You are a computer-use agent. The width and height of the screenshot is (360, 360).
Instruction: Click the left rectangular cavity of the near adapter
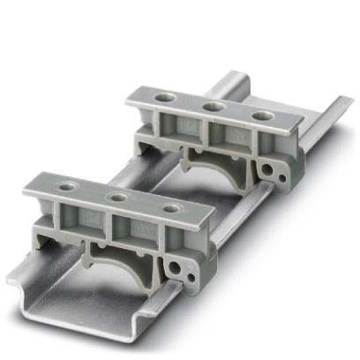click(x=85, y=221)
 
